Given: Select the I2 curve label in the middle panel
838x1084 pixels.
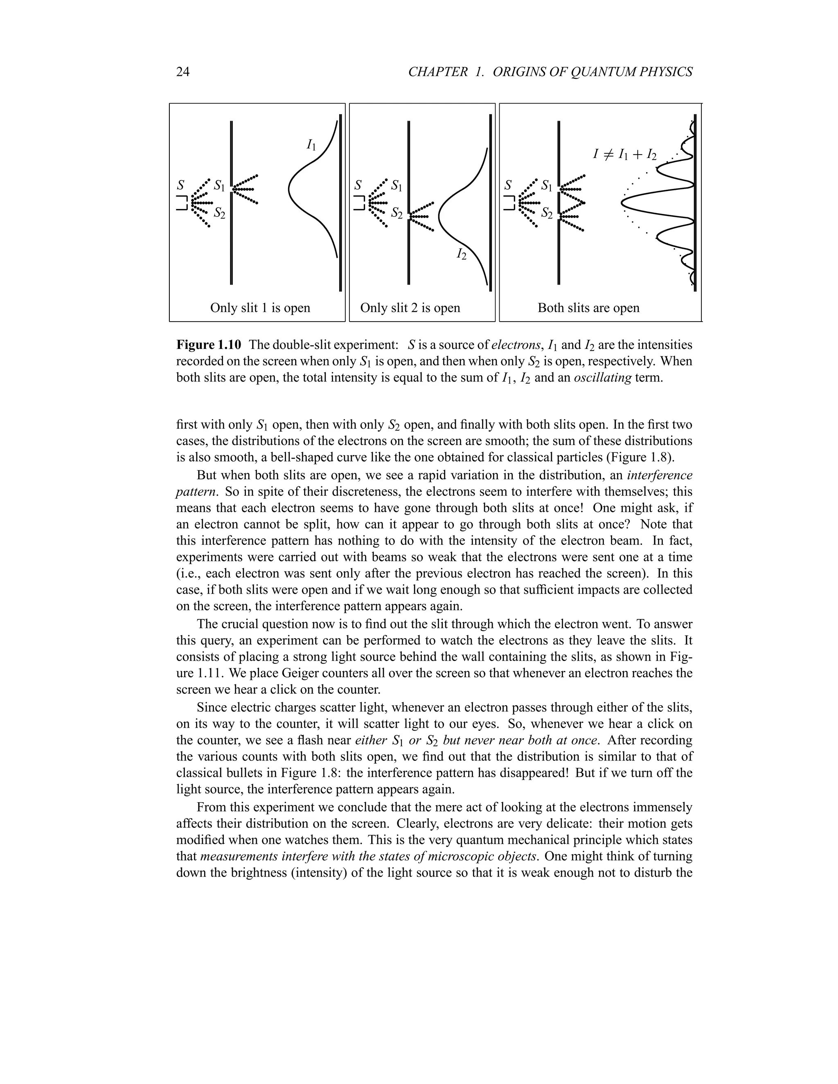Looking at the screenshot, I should tap(461, 254).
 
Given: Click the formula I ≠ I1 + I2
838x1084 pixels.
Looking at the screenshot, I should tap(624, 154).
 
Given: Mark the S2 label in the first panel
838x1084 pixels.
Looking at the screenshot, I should tap(219, 214).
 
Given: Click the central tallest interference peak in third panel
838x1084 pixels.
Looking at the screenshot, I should tap(624, 202).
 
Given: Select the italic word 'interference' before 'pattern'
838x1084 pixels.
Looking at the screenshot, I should tap(660, 475).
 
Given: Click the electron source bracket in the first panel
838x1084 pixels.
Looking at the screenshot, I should tap(182, 202).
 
